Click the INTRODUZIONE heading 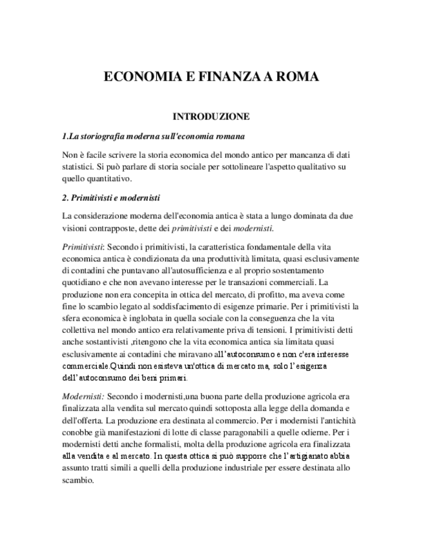point(211,116)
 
